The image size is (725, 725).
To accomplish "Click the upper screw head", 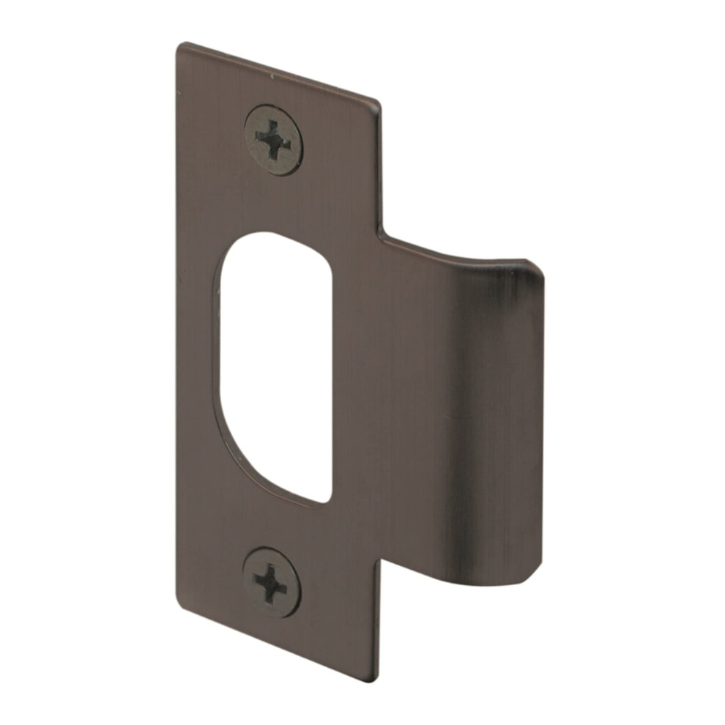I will (273, 140).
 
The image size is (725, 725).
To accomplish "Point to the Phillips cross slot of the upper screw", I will (273, 139).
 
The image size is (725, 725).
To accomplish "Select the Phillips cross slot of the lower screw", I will (270, 582).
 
